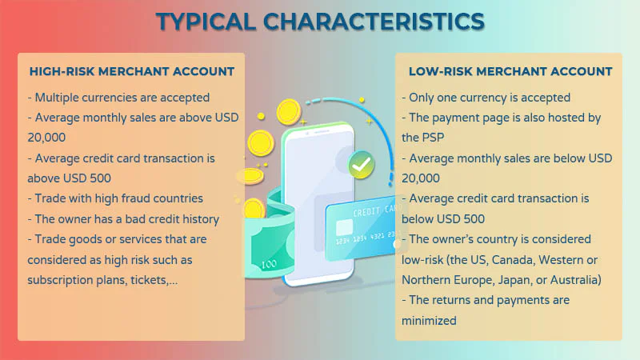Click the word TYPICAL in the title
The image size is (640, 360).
point(206,22)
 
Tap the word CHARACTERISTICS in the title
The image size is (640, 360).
point(374,22)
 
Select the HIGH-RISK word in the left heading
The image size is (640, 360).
point(62,71)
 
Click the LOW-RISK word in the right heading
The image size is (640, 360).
point(441,71)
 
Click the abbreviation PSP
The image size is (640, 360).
point(433,138)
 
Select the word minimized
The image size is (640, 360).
point(429,321)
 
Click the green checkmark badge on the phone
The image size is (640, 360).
point(362,165)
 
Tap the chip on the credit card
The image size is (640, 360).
point(344,227)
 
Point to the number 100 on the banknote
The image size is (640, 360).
point(269,265)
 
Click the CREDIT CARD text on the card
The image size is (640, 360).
point(374,211)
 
